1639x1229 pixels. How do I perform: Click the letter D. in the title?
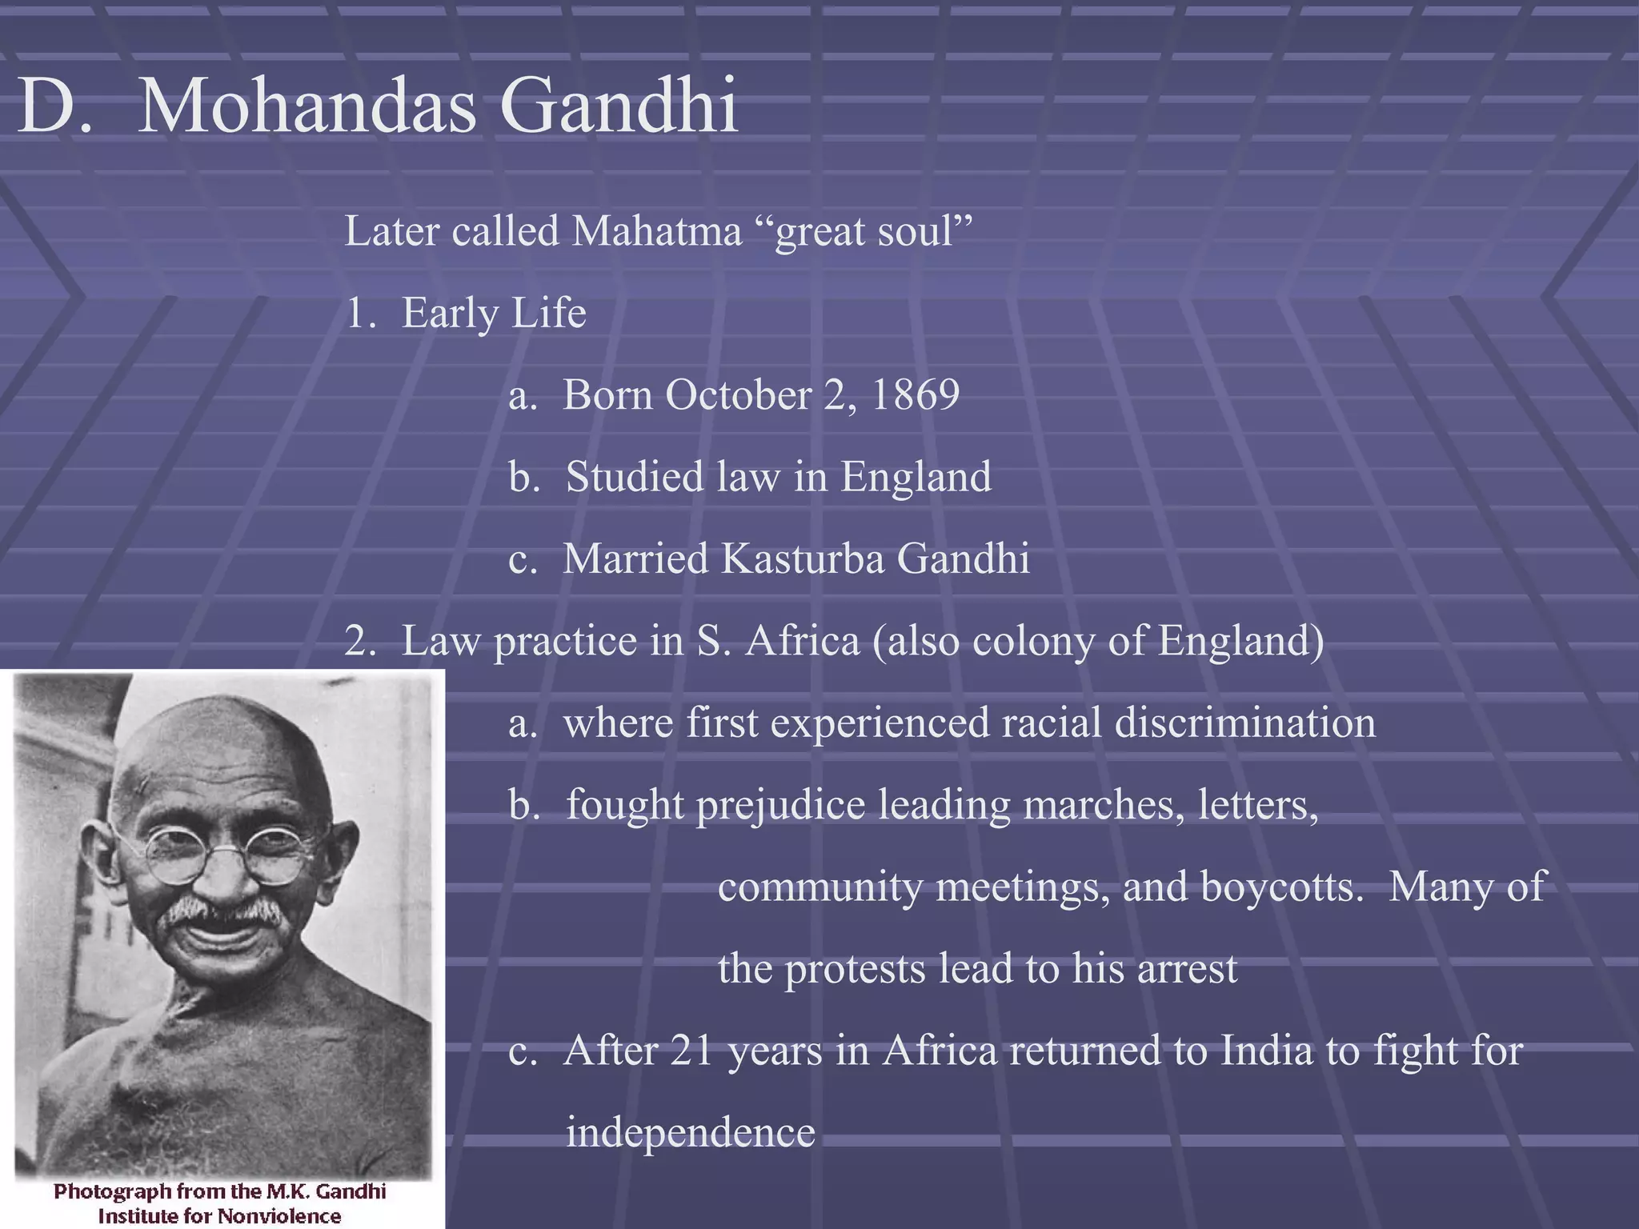54,106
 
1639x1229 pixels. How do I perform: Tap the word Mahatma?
656,232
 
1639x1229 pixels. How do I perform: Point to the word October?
737,394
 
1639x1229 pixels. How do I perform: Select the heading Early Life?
493,313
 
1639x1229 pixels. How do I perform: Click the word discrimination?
1244,723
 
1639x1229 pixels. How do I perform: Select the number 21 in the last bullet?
691,1051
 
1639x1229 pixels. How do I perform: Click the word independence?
690,1133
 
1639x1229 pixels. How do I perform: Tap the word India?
1266,1051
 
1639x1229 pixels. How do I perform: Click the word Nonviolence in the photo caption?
278,1216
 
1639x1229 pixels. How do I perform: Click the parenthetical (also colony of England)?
1097,641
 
